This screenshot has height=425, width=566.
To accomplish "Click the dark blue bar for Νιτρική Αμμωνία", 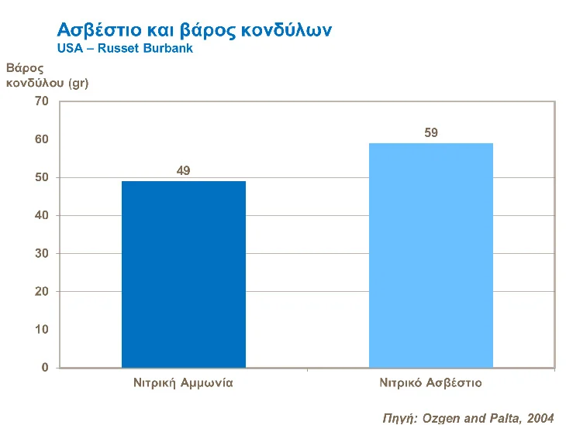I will click(x=184, y=274).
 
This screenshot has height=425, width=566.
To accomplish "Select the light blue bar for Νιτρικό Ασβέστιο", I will click(x=430, y=255).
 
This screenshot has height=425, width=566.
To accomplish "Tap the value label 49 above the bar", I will click(x=184, y=170).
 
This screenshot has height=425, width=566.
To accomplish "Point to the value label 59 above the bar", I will click(x=431, y=132).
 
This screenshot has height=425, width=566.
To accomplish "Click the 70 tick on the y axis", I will click(x=42, y=101).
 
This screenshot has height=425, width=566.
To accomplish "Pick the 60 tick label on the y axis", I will click(x=42, y=139).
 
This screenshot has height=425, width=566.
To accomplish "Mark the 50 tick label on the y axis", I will click(x=42, y=177).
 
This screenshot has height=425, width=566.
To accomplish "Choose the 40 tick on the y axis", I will click(x=42, y=215).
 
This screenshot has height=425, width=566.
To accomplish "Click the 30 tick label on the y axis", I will click(x=42, y=253).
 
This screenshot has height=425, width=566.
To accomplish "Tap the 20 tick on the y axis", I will click(x=42, y=291).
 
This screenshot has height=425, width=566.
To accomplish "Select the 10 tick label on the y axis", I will click(x=42, y=329).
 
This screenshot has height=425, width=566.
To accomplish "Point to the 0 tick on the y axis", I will click(x=45, y=368).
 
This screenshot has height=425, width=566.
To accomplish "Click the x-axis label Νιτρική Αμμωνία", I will click(x=184, y=382).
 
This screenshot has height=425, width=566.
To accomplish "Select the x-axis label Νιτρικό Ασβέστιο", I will click(x=430, y=382).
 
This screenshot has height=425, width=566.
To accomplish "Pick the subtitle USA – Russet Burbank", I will click(x=124, y=48).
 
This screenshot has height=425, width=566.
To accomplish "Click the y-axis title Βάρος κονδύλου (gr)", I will click(x=47, y=75).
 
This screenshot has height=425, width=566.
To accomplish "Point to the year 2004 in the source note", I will click(x=540, y=418).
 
